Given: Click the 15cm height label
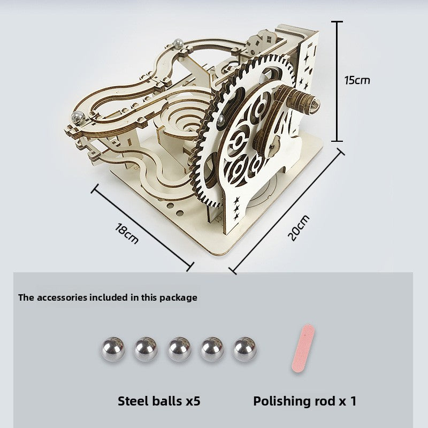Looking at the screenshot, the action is [357, 80].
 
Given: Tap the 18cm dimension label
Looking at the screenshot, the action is [127, 233].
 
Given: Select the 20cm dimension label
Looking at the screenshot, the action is [299, 228].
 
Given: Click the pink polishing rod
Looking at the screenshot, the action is [303, 348].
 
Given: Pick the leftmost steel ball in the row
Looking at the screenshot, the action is [113, 349].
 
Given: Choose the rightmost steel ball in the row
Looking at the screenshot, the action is [244, 349].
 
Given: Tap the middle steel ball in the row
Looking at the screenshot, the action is [179, 349].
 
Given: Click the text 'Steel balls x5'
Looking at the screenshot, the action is [159, 401].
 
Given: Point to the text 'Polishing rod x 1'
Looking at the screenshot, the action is [304, 401].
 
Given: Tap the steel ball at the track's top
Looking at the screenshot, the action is [178, 43].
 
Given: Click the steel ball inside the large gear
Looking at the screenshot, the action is [221, 120].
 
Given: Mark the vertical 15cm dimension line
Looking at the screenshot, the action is [338, 81].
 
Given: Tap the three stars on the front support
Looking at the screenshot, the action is [236, 208].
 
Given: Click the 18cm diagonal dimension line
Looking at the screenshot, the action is [142, 228].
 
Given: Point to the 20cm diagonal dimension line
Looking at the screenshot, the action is [287, 211].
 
